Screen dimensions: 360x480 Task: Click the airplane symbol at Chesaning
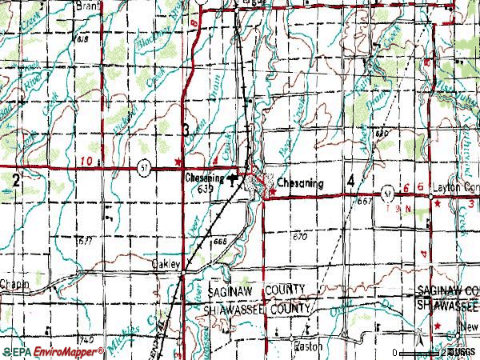click(x=233, y=178)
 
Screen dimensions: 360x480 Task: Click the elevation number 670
click(x=300, y=237)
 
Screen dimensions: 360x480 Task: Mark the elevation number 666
click(x=220, y=242)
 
